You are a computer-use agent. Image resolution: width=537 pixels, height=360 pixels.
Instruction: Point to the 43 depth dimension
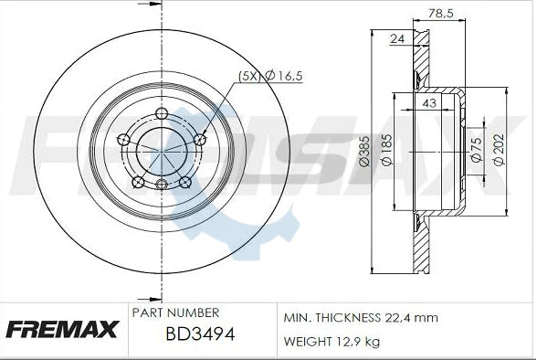point(429,104)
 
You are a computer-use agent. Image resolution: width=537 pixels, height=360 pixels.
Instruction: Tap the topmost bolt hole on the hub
point(162,114)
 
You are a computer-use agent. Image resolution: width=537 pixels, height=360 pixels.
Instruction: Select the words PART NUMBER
point(175,312)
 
